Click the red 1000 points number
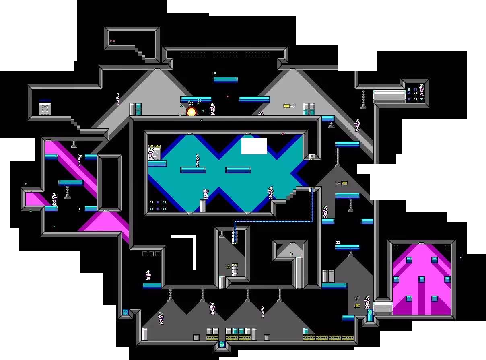[x=113, y=41]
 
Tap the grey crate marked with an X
[x=45, y=109]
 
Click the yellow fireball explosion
[x=192, y=112]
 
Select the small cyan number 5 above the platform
[x=215, y=73]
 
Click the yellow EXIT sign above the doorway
[x=154, y=146]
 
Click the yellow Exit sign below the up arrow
[x=357, y=306]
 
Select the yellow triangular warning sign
[x=229, y=266]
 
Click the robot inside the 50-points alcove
[x=421, y=89]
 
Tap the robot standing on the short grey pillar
[x=205, y=194]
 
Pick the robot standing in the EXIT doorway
[x=152, y=154]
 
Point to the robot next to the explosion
[x=212, y=109]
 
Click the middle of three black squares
[x=151, y=254]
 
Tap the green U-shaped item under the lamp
[x=291, y=253]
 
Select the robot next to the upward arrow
[x=367, y=302]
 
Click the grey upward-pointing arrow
[x=357, y=299]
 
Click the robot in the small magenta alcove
[x=54, y=199]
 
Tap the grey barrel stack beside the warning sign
[x=235, y=270]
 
